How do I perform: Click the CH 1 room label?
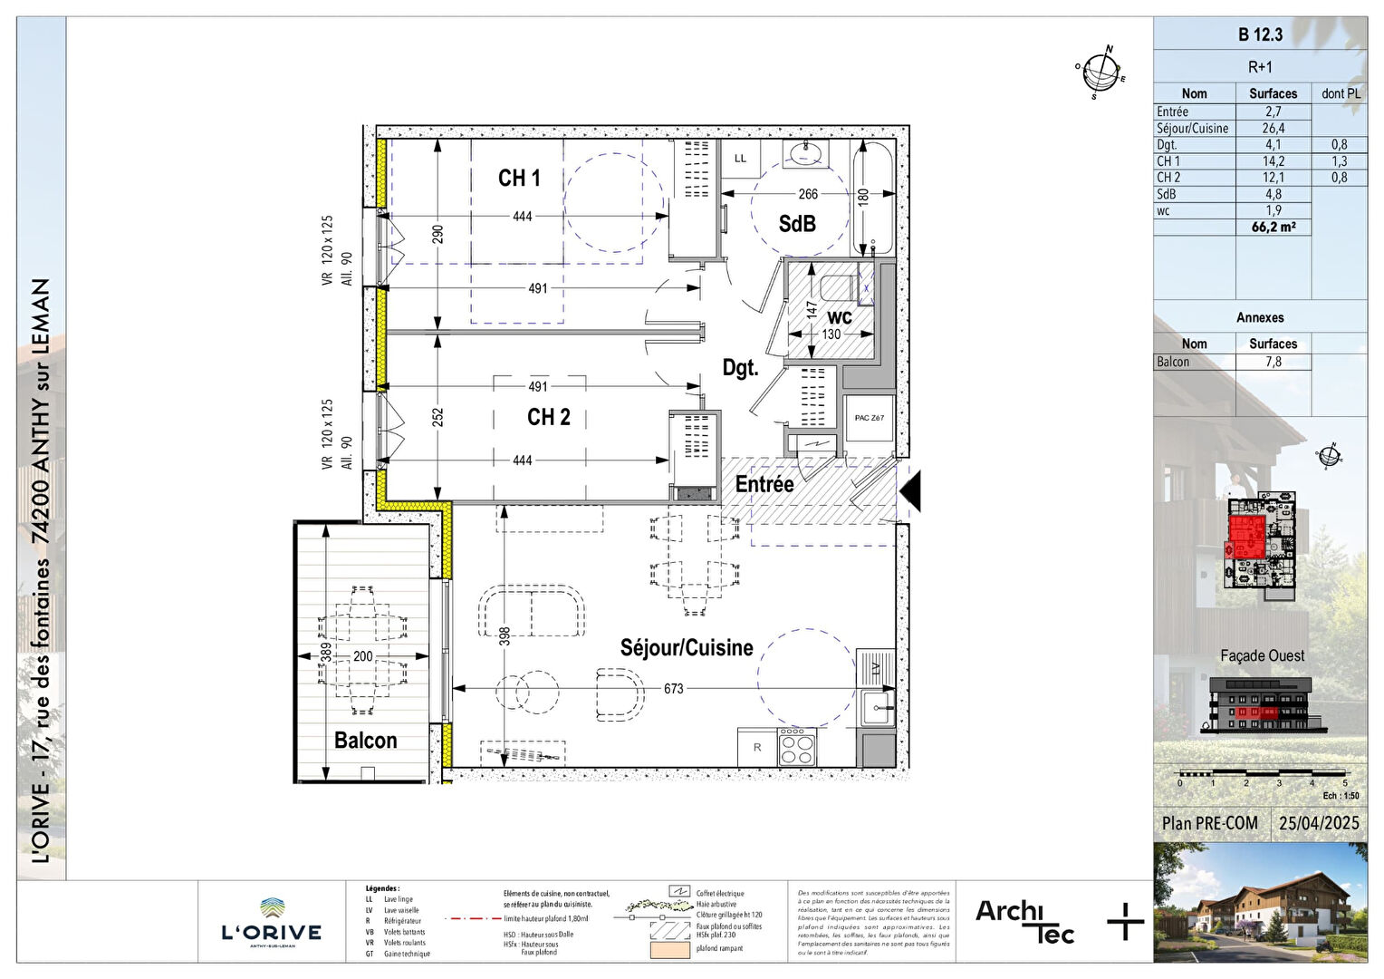coord(519,179)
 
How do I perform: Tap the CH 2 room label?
coord(549,417)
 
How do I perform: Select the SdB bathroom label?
coord(797,224)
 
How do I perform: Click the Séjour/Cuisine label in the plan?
coord(687,648)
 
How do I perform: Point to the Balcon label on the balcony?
coord(366,741)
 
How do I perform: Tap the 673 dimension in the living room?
coord(673,689)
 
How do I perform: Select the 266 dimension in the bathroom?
coord(808,194)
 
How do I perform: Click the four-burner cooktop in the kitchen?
coord(797,748)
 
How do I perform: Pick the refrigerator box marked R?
coord(757,748)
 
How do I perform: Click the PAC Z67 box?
coord(870,418)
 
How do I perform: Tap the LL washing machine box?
coord(741,159)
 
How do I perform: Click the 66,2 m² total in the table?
coord(1273,228)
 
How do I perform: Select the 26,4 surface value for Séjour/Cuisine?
coord(1273,129)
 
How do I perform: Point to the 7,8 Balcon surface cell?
coord(1273,362)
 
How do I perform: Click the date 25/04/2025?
coord(1319,823)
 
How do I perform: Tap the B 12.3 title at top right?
coord(1260,35)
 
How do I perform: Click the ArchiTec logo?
coord(1024,921)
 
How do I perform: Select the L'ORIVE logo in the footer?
coord(272,923)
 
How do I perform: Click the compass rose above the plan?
coord(1101,71)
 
